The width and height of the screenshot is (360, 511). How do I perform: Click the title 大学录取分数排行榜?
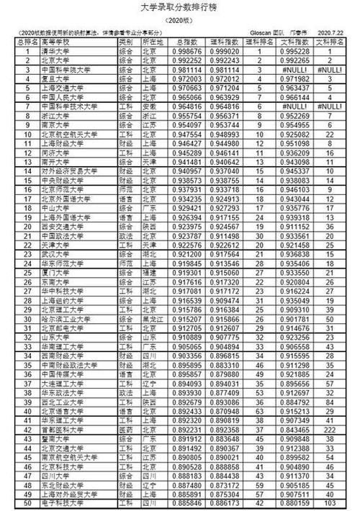[x=181, y=9]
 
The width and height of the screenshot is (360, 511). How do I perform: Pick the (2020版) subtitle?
[x=180, y=22]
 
